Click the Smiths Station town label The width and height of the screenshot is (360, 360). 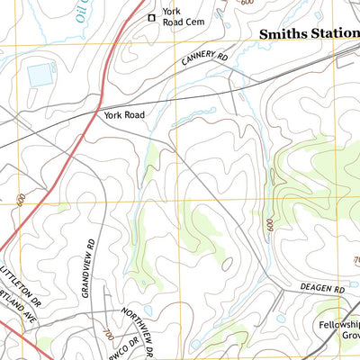pos(308,33)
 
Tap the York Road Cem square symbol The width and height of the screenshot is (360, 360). pos(151,17)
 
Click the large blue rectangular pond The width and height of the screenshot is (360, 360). pos(40,76)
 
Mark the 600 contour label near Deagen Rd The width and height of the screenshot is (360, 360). pos(269,226)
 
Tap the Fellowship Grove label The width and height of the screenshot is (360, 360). pos(338,334)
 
